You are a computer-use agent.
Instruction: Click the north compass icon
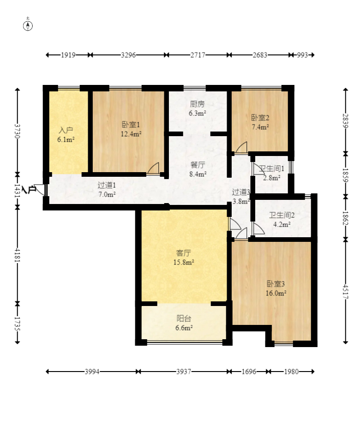(28, 26)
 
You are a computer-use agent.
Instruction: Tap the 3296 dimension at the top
(128, 55)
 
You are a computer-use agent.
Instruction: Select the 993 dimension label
(302, 55)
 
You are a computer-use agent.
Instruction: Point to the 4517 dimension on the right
(346, 292)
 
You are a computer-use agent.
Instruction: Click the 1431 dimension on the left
(18, 190)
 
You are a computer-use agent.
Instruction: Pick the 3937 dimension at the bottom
(184, 372)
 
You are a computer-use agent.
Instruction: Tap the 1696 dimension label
(249, 372)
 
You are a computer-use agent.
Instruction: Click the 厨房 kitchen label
(197, 104)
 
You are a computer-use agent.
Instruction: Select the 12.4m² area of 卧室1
(131, 134)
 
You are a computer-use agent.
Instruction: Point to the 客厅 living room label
(183, 253)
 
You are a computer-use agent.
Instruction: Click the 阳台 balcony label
(184, 318)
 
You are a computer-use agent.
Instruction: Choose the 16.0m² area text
(276, 293)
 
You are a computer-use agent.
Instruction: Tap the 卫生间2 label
(282, 215)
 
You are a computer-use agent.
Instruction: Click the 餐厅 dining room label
(198, 165)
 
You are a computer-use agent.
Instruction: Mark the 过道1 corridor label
(107, 185)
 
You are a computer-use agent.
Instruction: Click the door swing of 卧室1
(153, 168)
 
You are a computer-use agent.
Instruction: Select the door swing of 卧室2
(241, 148)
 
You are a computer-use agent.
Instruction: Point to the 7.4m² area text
(260, 127)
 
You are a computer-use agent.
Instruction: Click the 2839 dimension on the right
(346, 120)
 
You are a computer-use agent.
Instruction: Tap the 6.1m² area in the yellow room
(66, 139)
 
